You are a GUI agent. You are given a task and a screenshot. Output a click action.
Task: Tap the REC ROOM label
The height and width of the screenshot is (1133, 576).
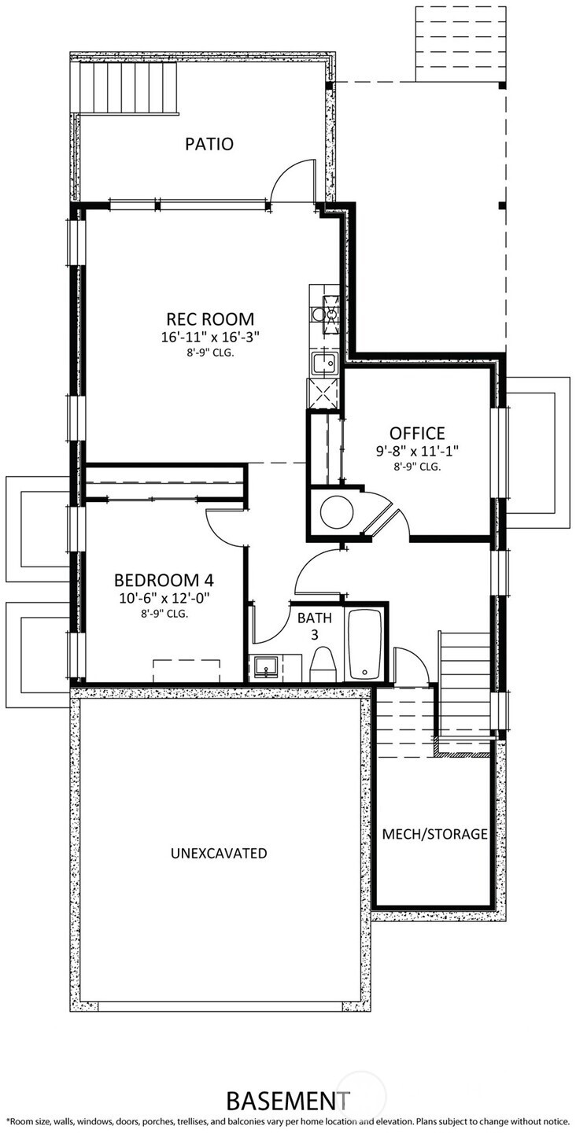coord(210,319)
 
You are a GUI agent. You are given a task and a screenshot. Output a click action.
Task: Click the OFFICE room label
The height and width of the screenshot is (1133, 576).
coord(417,434)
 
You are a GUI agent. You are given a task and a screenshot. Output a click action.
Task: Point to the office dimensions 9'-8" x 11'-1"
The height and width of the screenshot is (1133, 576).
coord(417,451)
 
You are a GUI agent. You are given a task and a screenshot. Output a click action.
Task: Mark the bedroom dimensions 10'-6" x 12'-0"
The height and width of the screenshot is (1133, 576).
coord(164,598)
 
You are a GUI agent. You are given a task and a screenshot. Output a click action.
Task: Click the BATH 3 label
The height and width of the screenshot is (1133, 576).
coord(315,626)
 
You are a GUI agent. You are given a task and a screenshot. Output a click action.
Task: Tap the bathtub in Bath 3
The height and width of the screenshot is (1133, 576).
coord(365,644)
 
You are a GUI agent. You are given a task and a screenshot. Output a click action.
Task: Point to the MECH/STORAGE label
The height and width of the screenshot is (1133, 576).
coord(434,834)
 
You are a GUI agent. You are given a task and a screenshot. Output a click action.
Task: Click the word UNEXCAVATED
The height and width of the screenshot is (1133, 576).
coord(219,853)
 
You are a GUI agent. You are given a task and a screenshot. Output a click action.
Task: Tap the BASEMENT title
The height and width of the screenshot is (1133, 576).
coord(288,1098)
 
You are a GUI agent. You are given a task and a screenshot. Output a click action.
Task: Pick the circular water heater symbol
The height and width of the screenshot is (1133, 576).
coord(336,512)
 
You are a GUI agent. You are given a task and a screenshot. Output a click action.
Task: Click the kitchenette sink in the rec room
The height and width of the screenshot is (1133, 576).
coord(323,364)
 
